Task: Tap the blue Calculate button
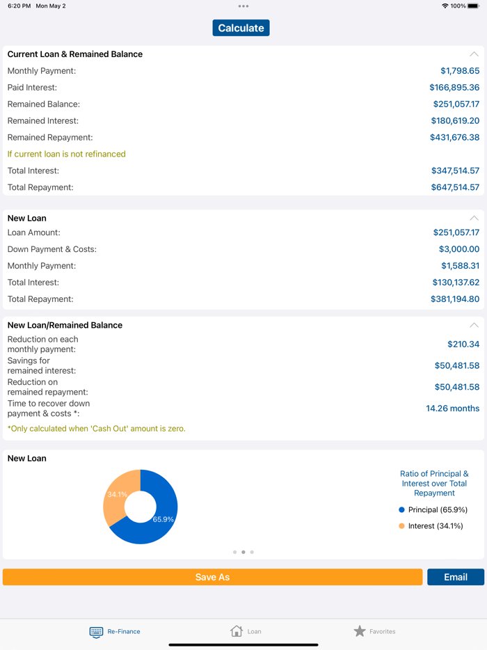point(241,28)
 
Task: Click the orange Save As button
point(212,577)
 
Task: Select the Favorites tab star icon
point(360,631)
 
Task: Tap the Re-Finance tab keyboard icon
point(96,632)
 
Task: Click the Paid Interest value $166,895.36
point(454,88)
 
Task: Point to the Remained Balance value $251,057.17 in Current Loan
point(456,104)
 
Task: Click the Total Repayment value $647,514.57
point(455,187)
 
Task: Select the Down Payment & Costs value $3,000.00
point(458,249)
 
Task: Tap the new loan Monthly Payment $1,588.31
point(460,266)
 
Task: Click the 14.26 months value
point(452,409)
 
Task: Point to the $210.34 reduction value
point(463,344)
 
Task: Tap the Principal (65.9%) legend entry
point(431,510)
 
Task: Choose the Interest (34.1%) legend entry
point(431,526)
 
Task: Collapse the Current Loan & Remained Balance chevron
point(474,54)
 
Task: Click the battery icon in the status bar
point(473,6)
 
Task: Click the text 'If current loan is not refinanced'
point(67,154)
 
